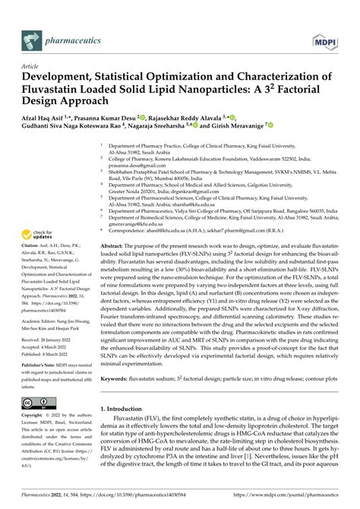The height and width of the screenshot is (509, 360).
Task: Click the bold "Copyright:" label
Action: pyautogui.click(x=36, y=416)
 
